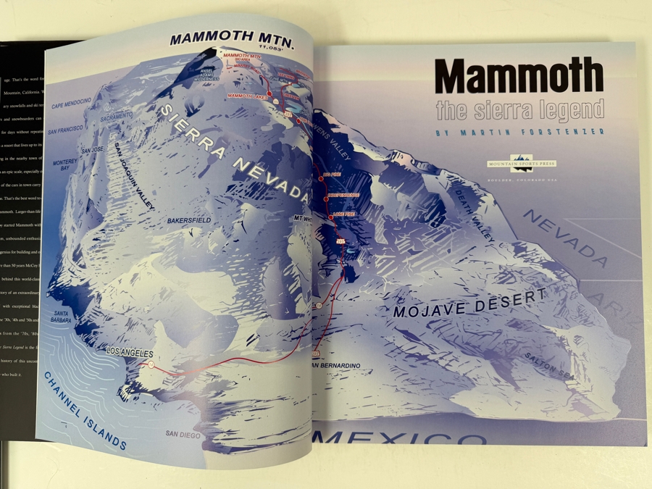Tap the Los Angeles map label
tap(130, 353)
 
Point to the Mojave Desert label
tap(469, 304)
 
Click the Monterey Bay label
tap(66, 166)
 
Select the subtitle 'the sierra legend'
tap(519, 110)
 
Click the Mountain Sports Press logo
tap(522, 163)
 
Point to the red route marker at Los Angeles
tap(151, 365)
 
